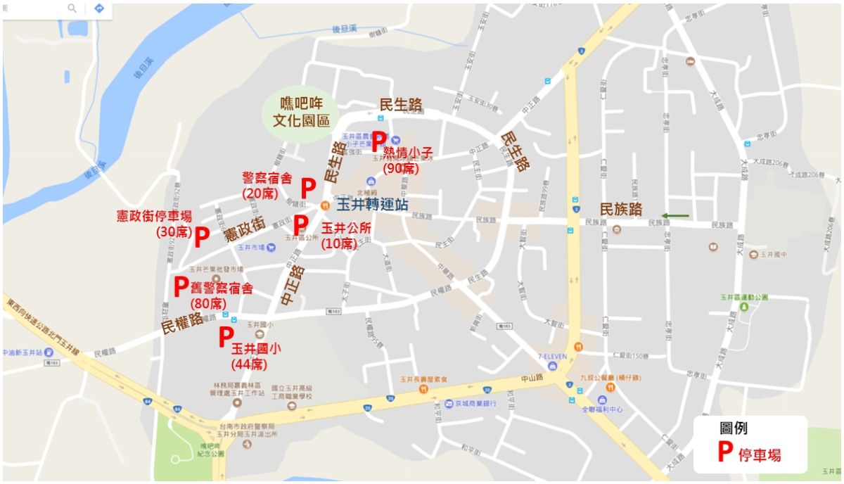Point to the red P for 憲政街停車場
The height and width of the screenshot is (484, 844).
click(x=201, y=237)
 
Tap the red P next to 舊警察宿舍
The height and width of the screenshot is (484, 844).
click(x=181, y=286)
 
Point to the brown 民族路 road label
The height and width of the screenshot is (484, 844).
click(x=620, y=209)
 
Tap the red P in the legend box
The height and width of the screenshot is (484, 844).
click(x=724, y=452)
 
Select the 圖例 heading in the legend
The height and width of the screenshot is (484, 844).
click(x=733, y=428)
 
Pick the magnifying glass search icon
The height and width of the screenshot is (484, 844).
click(x=72, y=8)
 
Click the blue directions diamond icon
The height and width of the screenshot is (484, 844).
click(x=98, y=8)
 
